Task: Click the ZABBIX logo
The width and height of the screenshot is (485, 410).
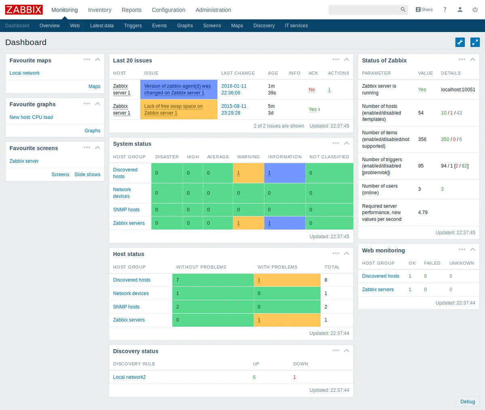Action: click(x=24, y=10)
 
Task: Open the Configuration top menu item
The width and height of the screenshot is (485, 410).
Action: click(x=168, y=10)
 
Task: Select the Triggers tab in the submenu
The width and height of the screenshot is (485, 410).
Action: click(x=133, y=25)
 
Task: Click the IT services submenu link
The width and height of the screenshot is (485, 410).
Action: click(x=296, y=25)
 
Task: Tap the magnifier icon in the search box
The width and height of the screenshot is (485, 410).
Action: click(x=403, y=10)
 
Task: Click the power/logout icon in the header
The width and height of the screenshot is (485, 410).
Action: click(x=475, y=10)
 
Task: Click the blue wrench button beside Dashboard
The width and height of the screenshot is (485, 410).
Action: click(x=460, y=42)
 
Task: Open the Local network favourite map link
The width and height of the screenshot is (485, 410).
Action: click(x=25, y=73)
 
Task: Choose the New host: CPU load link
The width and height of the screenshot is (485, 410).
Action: click(x=31, y=117)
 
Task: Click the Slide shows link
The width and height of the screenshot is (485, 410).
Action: click(x=87, y=175)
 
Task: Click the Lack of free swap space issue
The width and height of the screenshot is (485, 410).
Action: click(x=173, y=109)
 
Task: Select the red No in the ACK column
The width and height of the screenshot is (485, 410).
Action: click(x=312, y=90)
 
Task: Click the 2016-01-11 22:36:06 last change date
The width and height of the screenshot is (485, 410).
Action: click(x=234, y=89)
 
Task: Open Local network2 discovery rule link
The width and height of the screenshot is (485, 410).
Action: click(x=129, y=377)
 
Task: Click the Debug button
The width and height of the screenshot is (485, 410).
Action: click(x=468, y=402)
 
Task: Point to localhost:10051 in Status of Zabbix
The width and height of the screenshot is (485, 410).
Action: click(x=458, y=90)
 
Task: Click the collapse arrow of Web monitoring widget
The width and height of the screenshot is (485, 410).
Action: click(x=472, y=250)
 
